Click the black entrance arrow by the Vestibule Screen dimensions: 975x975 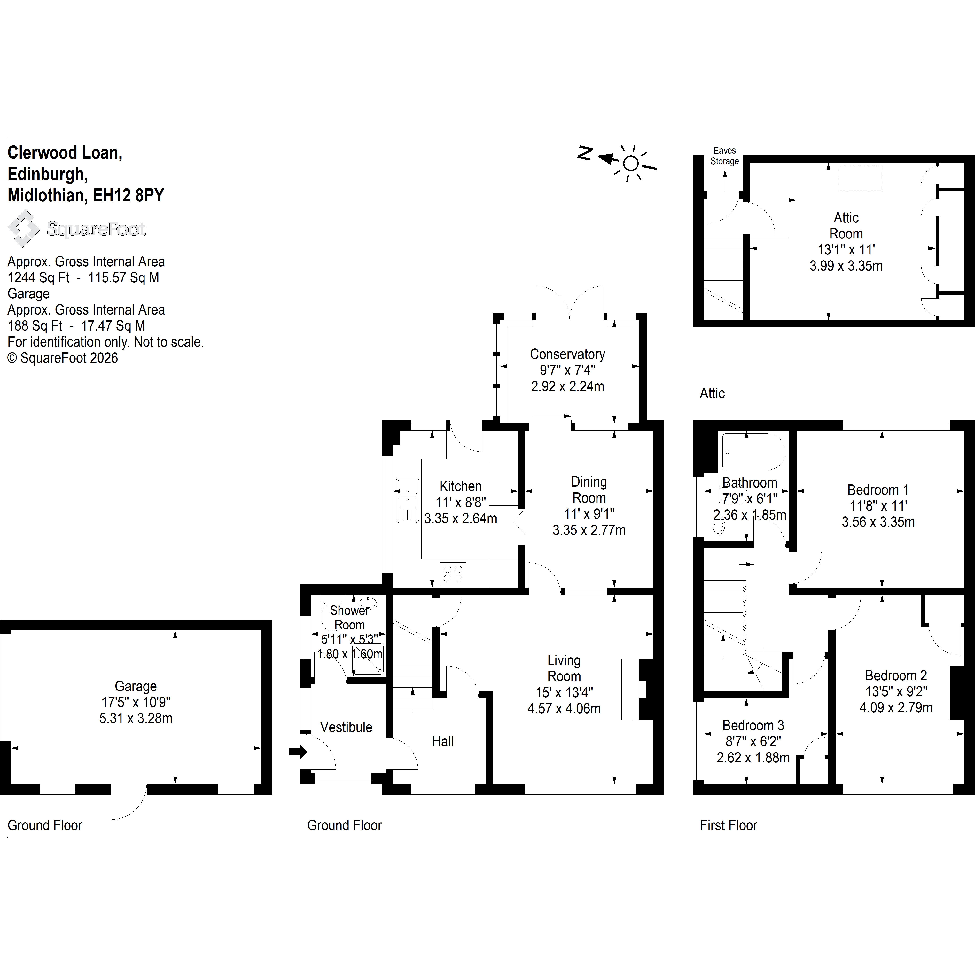(298, 752)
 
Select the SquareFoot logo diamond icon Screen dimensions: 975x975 (24, 229)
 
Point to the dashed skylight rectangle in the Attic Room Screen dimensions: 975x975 (861, 179)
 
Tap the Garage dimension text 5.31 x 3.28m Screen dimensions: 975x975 (136, 718)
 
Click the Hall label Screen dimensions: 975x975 (443, 741)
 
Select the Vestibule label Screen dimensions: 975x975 (346, 727)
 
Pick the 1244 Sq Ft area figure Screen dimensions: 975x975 (38, 277)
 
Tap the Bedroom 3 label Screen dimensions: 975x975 (753, 726)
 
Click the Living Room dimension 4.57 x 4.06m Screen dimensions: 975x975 (564, 709)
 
